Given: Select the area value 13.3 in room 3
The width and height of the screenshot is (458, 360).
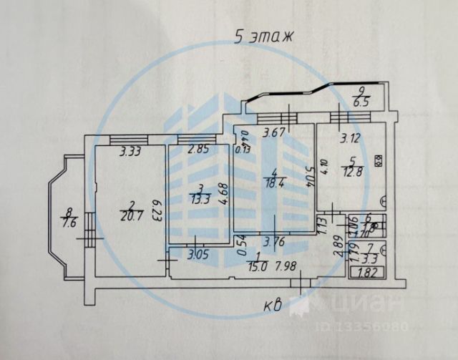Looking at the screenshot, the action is click(x=201, y=199).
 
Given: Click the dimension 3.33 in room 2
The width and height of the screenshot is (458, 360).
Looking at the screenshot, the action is click(x=130, y=152).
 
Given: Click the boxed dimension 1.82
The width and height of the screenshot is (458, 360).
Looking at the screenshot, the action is click(x=364, y=271).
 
